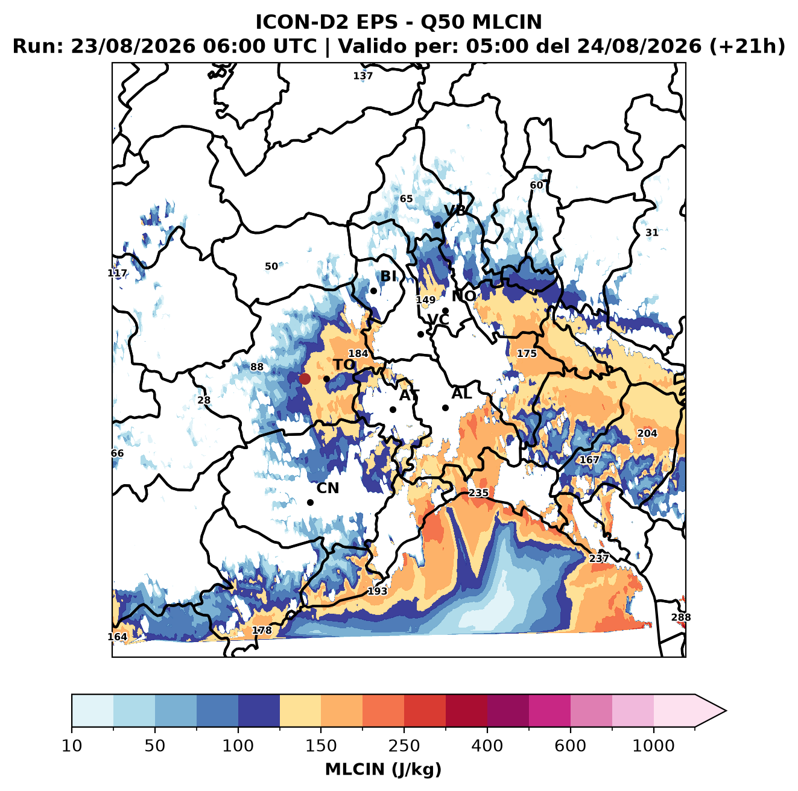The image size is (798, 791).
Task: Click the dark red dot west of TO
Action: point(305,379)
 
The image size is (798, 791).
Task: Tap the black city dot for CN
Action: point(310,502)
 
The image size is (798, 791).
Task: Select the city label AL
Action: point(461,393)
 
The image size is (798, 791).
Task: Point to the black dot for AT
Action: point(393,410)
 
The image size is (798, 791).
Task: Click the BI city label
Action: point(388,276)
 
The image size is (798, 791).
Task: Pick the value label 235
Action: point(478,493)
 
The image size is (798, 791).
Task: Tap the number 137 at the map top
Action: point(363,76)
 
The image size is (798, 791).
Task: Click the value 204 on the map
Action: point(647,433)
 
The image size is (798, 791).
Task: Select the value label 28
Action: point(204,400)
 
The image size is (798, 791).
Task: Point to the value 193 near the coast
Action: point(377,591)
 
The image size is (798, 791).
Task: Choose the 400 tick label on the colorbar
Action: point(487,745)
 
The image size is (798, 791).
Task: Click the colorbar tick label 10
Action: point(72,745)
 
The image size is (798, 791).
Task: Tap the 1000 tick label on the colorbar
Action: point(653,745)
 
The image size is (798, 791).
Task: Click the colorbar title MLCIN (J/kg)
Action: point(383,769)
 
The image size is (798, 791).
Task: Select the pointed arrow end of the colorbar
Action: point(726,711)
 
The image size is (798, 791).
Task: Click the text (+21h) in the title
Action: point(747,46)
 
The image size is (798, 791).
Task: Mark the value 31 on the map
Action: point(652,233)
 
